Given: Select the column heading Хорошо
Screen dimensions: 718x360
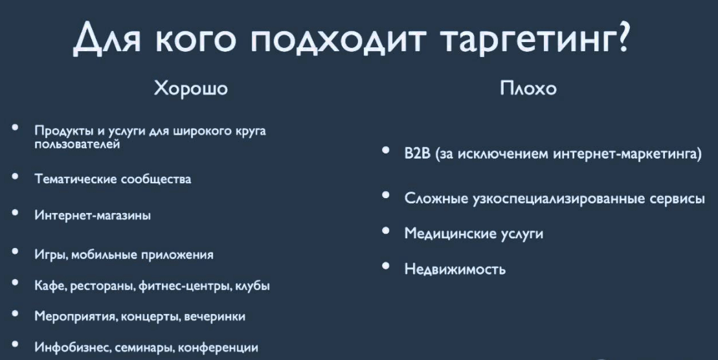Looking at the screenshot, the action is [x=190, y=88].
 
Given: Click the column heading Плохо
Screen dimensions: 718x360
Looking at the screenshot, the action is [x=528, y=88].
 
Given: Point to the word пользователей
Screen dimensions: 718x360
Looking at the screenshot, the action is [x=77, y=144].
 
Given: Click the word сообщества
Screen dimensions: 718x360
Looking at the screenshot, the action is [x=155, y=179].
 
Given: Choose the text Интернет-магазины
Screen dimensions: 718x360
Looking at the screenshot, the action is [x=93, y=215].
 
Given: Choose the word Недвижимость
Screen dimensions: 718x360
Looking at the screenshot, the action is [x=454, y=269].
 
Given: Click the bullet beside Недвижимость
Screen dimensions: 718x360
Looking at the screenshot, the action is [x=386, y=265].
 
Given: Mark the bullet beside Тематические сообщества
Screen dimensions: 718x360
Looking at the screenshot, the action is [x=16, y=176].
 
